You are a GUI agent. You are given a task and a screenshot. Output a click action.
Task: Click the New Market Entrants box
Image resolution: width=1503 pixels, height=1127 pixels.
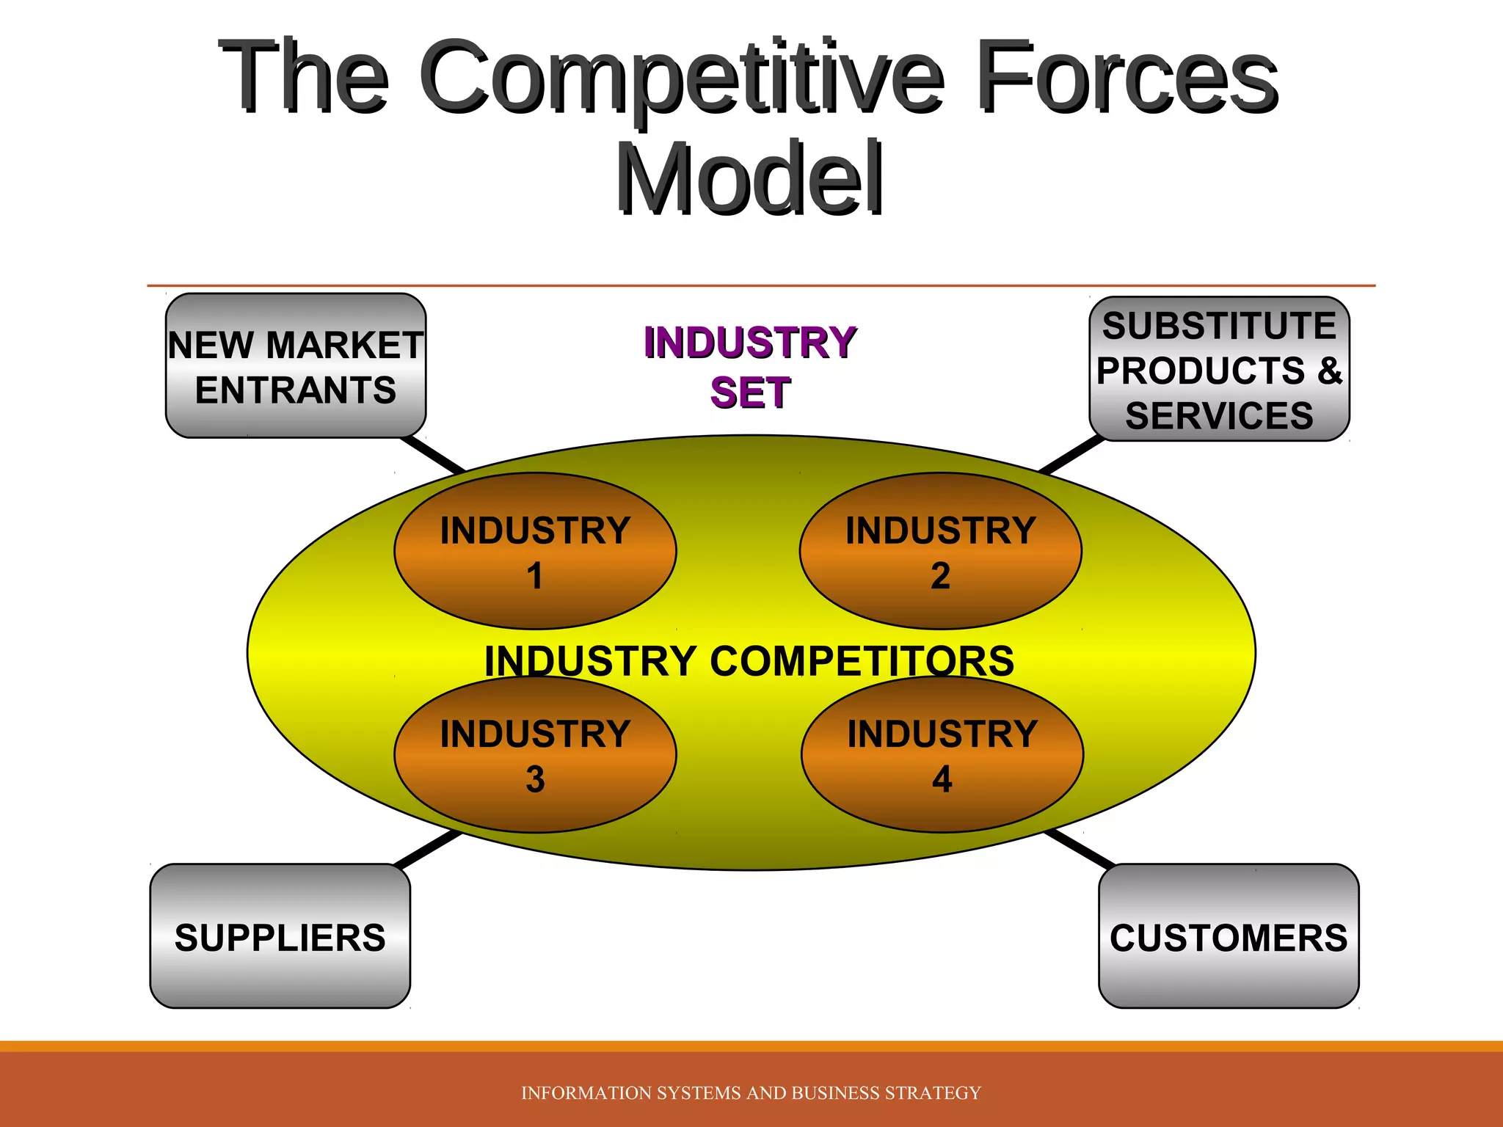(295, 366)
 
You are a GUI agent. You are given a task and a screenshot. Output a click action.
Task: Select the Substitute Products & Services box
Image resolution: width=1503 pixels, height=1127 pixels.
(1219, 369)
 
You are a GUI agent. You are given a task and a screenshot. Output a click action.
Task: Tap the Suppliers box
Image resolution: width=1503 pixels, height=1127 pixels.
(280, 936)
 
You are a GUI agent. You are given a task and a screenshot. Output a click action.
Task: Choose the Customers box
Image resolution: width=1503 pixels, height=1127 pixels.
(1229, 936)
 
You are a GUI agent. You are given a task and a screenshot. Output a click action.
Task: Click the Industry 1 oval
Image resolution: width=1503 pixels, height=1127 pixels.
(535, 551)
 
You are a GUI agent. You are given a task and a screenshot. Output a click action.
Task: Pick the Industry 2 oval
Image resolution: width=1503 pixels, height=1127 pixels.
(940, 551)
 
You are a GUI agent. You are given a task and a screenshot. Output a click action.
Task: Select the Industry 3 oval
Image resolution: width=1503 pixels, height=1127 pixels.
(535, 755)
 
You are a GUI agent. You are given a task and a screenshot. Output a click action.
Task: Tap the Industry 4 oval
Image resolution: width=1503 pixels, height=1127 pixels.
(942, 755)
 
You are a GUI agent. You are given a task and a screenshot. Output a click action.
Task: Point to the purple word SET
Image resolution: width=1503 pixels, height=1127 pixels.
(750, 393)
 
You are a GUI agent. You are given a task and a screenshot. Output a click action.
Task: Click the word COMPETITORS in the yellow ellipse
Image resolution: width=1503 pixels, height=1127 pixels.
(862, 661)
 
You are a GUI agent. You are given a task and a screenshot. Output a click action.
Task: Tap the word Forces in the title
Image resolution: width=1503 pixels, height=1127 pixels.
(1127, 77)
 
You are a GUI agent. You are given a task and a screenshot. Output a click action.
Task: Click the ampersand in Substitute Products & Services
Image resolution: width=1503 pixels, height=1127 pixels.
(1329, 371)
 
